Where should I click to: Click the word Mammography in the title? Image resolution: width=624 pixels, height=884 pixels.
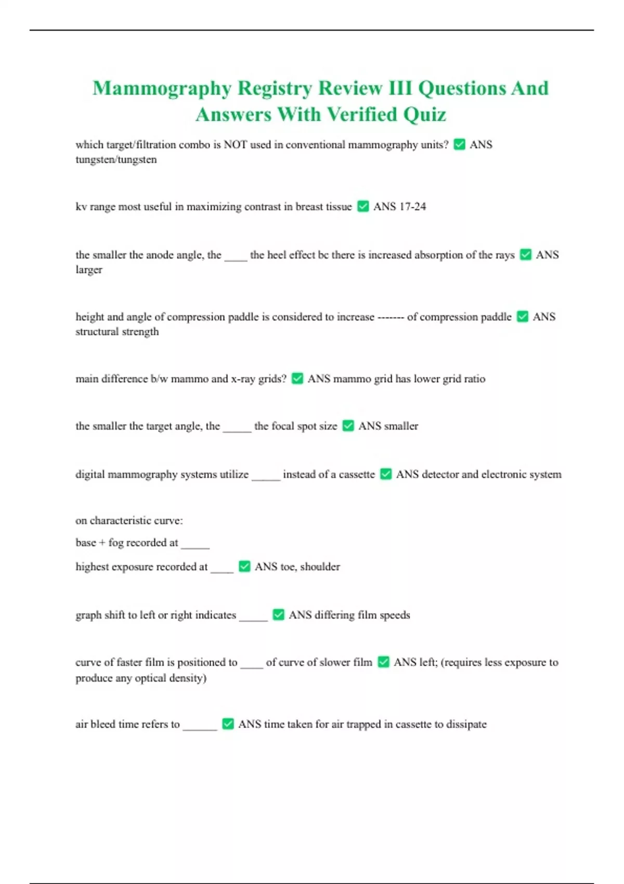coord(162,88)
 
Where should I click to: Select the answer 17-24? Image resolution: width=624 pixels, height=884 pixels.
coord(412,206)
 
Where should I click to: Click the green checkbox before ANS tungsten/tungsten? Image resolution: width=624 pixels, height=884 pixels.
coord(459,145)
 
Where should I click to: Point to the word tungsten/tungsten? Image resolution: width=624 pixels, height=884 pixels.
coord(116,160)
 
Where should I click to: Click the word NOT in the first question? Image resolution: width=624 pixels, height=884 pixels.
coord(235,145)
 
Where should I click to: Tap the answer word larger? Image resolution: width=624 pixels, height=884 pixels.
coord(89,270)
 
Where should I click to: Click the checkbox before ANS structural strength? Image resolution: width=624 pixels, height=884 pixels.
coord(523,317)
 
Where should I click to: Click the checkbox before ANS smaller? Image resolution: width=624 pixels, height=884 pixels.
coord(348,426)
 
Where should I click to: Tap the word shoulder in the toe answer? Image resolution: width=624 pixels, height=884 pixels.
coord(320,567)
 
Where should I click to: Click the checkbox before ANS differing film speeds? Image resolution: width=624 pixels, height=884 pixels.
coord(278,615)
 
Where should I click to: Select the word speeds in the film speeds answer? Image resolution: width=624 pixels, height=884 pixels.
coord(395,615)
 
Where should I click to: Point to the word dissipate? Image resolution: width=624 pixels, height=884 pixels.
coord(466,724)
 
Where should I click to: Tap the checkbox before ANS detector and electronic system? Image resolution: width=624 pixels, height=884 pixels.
coord(386,474)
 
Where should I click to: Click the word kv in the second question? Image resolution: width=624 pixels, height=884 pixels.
coord(81,207)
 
